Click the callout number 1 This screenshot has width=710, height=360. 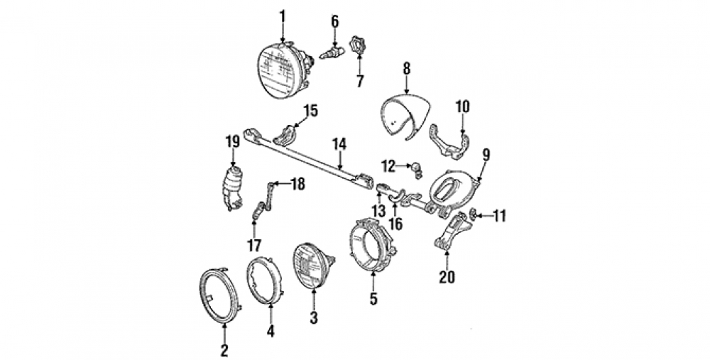coord(282,17)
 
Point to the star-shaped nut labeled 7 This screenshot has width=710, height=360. coord(357,46)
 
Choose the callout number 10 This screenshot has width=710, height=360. coord(462,107)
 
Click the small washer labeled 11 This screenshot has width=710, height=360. coord(473,214)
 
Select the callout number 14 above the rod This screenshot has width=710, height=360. coord(339,144)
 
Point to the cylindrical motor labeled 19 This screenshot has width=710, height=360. coord(231,189)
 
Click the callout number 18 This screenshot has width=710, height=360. coord(297,185)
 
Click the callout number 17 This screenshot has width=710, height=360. coord(254,246)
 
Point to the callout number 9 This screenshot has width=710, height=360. coord(486,155)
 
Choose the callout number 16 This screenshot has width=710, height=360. coord(395,223)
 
